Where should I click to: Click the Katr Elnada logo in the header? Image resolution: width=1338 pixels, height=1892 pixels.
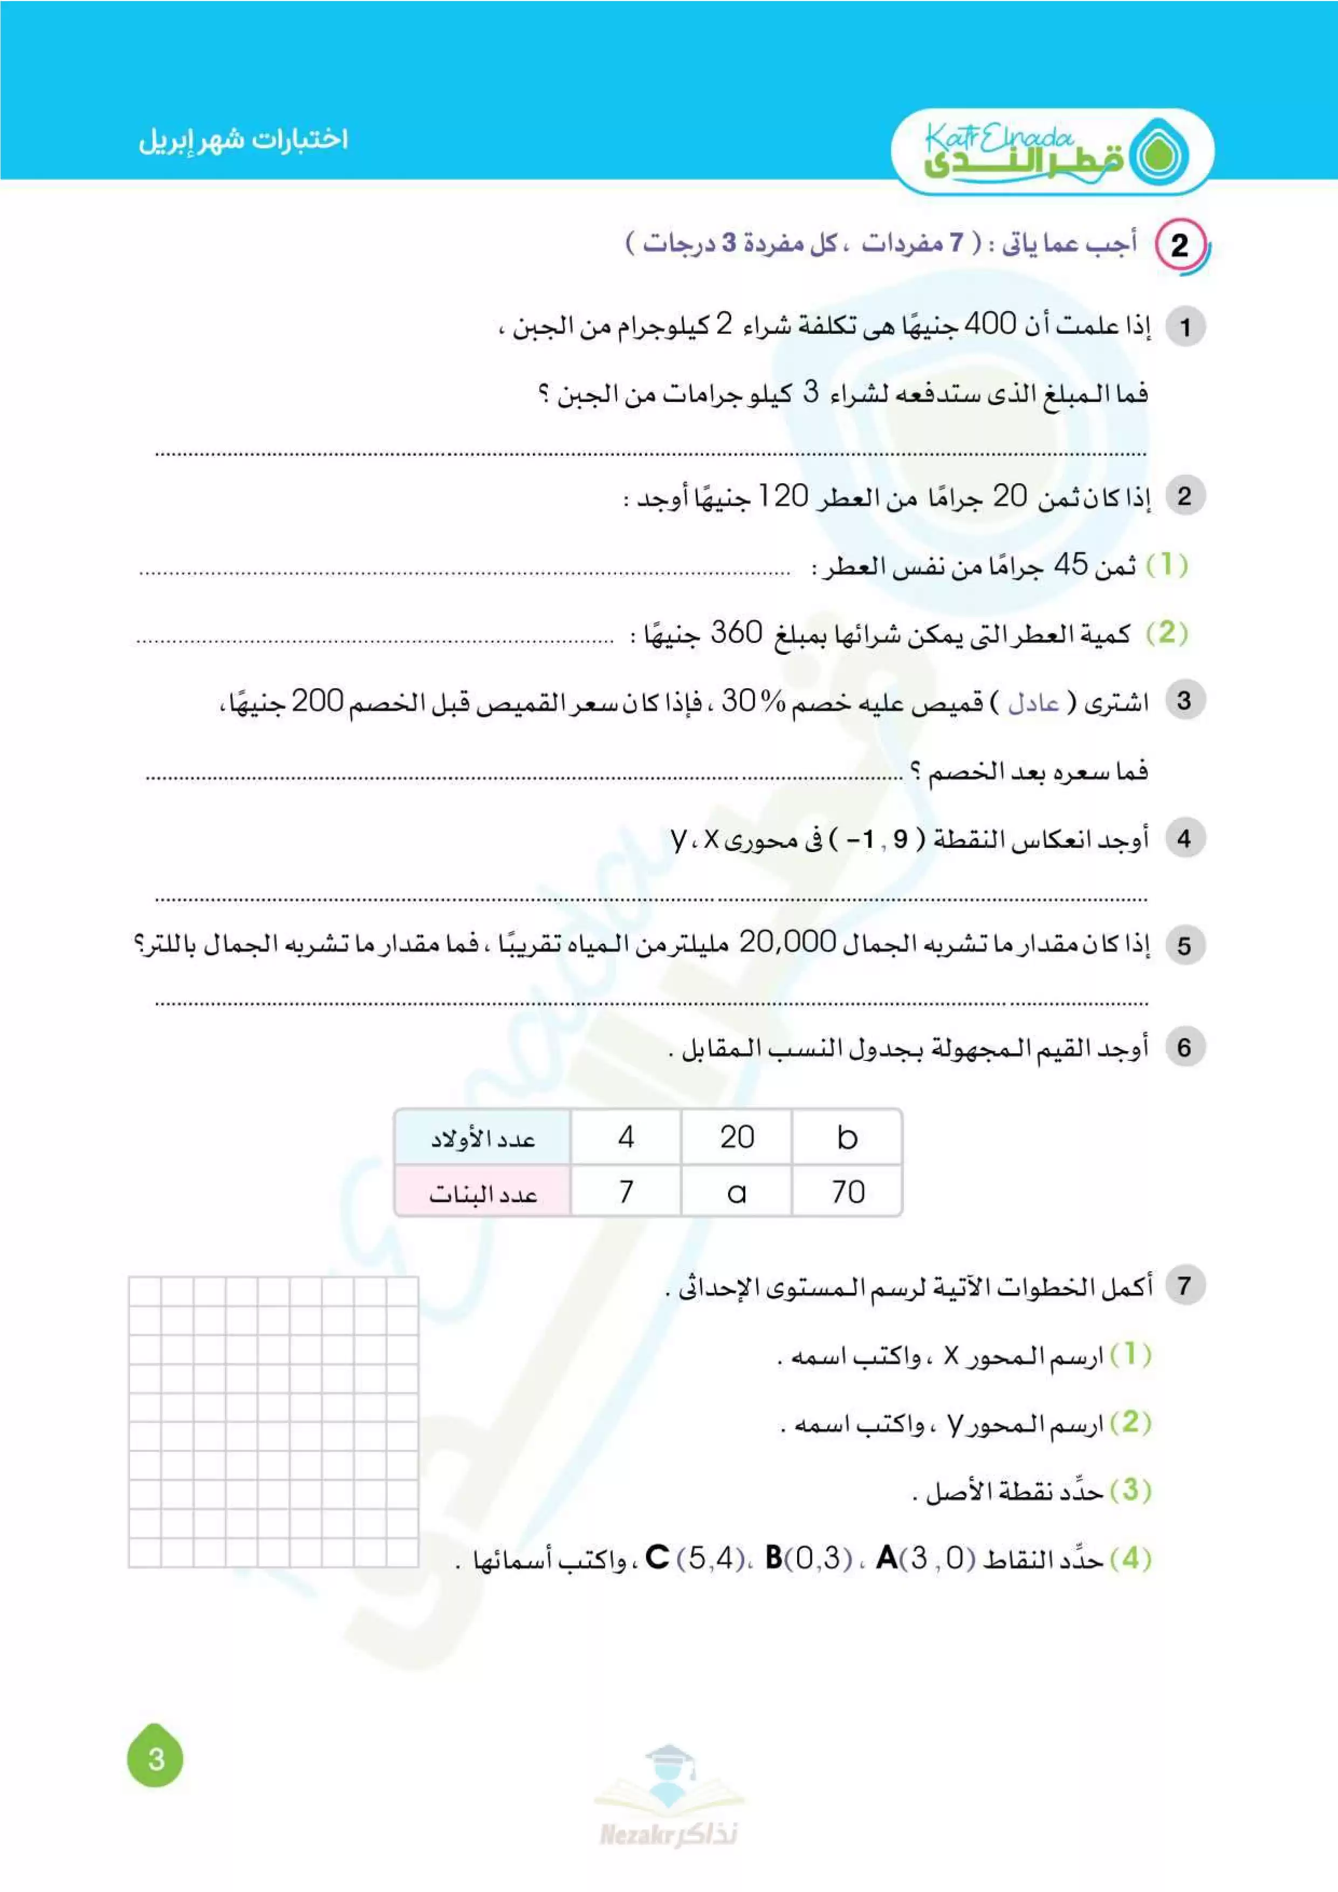[x=1052, y=153]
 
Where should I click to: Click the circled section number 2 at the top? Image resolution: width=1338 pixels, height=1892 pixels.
[x=1180, y=245]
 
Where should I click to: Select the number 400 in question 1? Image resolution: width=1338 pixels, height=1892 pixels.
[x=990, y=325]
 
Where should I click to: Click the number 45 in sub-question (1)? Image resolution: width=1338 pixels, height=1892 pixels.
[x=1071, y=565]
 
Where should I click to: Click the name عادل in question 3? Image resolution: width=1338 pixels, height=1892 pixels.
[x=1033, y=703]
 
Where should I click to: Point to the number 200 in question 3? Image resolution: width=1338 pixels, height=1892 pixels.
[x=317, y=701]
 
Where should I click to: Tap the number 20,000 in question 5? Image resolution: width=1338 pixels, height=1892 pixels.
[x=787, y=942]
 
